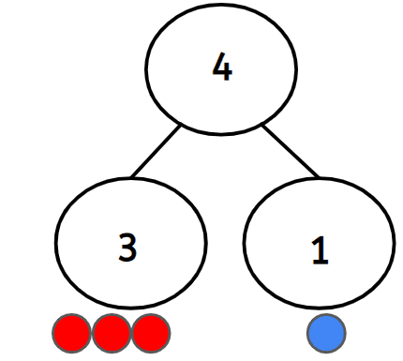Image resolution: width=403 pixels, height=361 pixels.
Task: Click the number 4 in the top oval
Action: pos(221,69)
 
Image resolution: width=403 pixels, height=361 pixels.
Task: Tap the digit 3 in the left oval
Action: pos(128,246)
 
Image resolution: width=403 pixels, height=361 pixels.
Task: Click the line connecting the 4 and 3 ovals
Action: pos(156,150)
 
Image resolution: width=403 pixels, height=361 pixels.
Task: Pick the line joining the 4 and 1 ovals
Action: pos(291,150)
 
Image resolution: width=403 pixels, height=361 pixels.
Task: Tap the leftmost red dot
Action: pos(71,332)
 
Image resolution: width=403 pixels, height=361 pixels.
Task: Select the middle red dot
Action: pos(111,332)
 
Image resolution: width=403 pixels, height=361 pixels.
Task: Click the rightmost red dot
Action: pos(150,332)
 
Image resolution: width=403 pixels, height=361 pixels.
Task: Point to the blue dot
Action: pos(326,332)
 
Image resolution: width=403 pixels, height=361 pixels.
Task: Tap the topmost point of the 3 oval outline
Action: pos(129,174)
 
